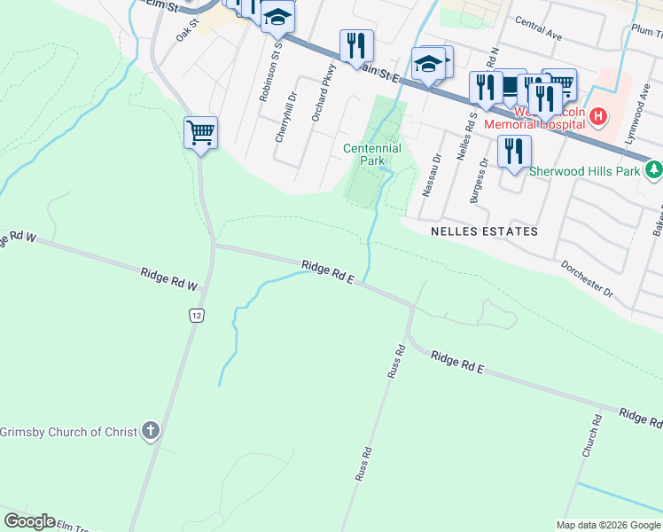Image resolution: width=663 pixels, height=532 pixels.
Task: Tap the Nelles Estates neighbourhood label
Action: (x=484, y=231)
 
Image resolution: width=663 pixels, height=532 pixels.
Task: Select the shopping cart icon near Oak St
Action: (x=201, y=133)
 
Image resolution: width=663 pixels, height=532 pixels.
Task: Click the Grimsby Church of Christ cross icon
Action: (x=151, y=432)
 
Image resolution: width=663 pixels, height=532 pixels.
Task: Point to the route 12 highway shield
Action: (x=196, y=315)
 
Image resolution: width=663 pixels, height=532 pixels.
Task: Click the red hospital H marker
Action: (x=598, y=116)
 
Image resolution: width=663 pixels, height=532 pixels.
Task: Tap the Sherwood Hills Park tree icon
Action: (x=654, y=168)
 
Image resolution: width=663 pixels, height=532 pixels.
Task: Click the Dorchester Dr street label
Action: (x=587, y=278)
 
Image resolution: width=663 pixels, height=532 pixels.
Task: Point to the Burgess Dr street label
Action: (x=480, y=182)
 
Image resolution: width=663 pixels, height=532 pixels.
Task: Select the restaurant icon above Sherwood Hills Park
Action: (x=513, y=152)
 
